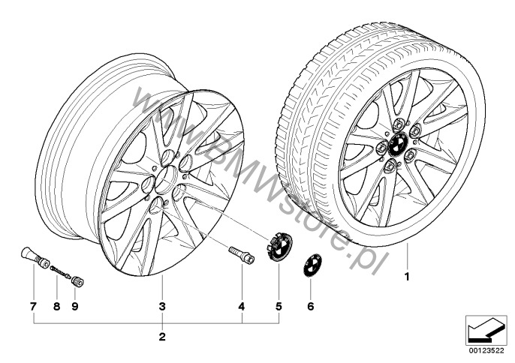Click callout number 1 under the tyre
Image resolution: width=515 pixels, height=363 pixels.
pyautogui.click(x=407, y=277)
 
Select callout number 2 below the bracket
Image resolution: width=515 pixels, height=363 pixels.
pyautogui.click(x=162, y=337)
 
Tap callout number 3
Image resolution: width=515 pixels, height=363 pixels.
pyautogui.click(x=162, y=307)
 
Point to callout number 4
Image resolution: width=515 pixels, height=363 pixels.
pyautogui.click(x=242, y=307)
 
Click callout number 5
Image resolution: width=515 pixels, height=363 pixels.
pyautogui.click(x=279, y=307)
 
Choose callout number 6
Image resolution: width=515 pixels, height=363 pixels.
pyautogui.click(x=311, y=307)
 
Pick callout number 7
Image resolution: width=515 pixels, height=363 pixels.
pyautogui.click(x=33, y=307)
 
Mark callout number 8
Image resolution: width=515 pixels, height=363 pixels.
pyautogui.click(x=56, y=307)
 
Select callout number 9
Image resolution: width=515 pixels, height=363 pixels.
pyautogui.click(x=75, y=307)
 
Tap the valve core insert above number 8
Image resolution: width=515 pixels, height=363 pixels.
pyautogui.click(x=60, y=272)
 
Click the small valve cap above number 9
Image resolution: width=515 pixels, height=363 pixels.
pyautogui.click(x=77, y=281)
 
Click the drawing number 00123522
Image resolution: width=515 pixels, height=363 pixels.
pyautogui.click(x=486, y=351)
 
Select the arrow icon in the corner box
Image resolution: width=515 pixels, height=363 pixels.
pyautogui.click(x=486, y=329)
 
